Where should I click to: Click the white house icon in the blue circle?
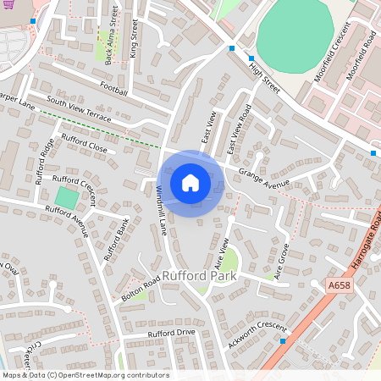[190, 182]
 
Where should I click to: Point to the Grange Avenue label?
[263, 178]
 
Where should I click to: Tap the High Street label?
[264, 75]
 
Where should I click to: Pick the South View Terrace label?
[79, 109]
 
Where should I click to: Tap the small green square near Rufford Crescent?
[65, 198]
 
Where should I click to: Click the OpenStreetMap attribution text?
[86, 375]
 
